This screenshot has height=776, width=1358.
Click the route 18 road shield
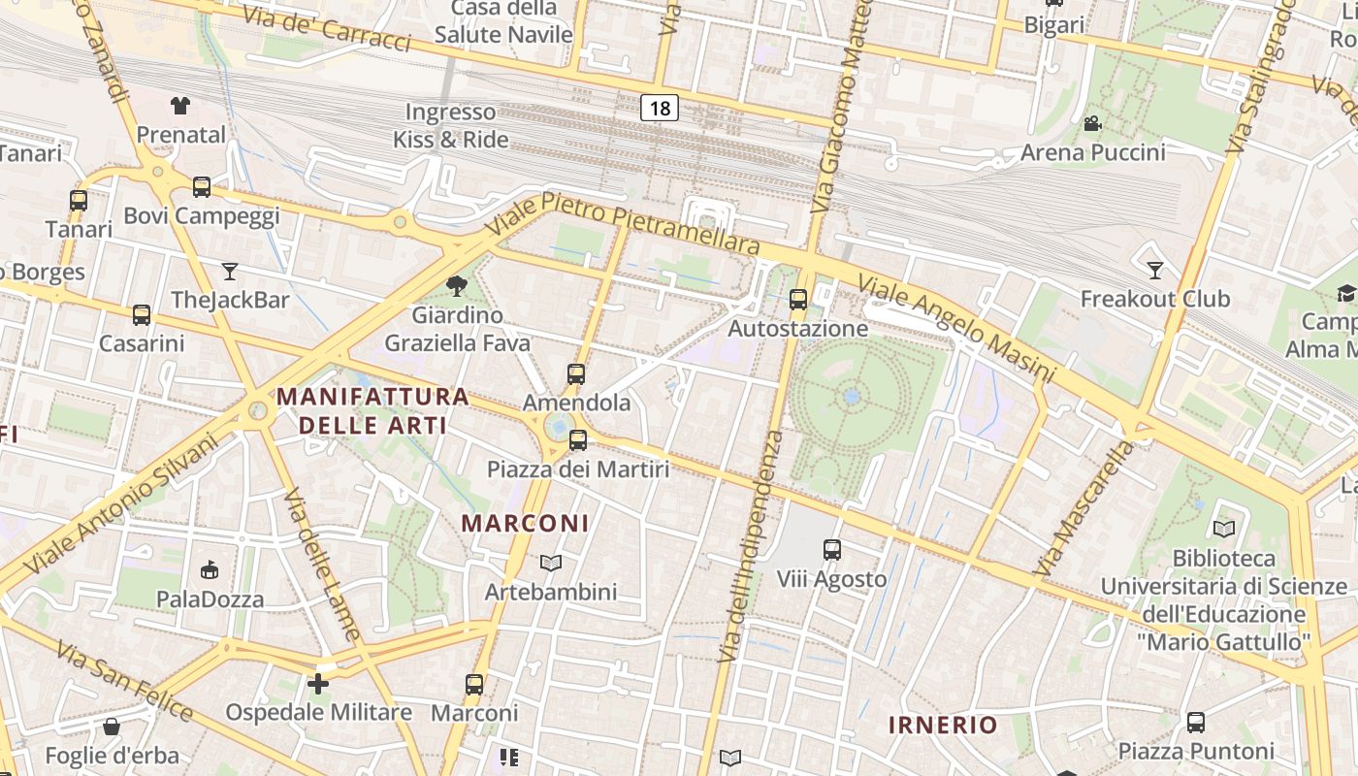pyautogui.click(x=660, y=108)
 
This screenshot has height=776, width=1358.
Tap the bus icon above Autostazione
pyautogui.click(x=798, y=300)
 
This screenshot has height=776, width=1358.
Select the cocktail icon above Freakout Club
pyautogui.click(x=1154, y=270)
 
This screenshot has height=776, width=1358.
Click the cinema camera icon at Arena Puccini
pyautogui.click(x=1093, y=124)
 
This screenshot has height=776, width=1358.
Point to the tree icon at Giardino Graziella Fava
pyautogui.click(x=456, y=286)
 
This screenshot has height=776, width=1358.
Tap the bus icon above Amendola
pyautogui.click(x=576, y=373)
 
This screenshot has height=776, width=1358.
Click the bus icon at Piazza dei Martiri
pyautogui.click(x=578, y=440)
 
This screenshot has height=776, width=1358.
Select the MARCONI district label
pyautogui.click(x=525, y=524)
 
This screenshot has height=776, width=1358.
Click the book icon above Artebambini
pyautogui.click(x=551, y=563)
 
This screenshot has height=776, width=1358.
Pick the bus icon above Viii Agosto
pyautogui.click(x=832, y=550)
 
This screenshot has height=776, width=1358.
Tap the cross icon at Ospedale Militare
pyautogui.click(x=318, y=684)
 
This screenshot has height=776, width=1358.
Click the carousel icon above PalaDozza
pyautogui.click(x=210, y=569)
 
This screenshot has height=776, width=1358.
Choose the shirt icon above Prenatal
pyautogui.click(x=180, y=106)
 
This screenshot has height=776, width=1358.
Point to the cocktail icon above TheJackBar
pyautogui.click(x=230, y=271)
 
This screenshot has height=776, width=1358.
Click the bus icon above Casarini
pyautogui.click(x=142, y=314)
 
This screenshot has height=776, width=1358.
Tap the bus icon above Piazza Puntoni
pyautogui.click(x=1196, y=723)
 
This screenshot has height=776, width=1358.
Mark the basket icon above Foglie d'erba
pyautogui.click(x=112, y=727)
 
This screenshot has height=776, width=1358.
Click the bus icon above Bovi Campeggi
pyautogui.click(x=202, y=186)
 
